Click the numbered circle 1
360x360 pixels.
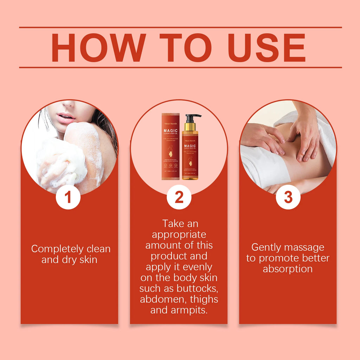tap(68, 197)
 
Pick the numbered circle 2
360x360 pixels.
tap(179, 197)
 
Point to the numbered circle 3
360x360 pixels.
tap(288, 197)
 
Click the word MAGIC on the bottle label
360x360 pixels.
tap(190, 146)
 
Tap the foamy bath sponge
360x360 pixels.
tap(62, 163)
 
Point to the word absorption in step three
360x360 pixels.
tap(288, 269)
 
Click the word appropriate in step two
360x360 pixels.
tap(179, 234)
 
